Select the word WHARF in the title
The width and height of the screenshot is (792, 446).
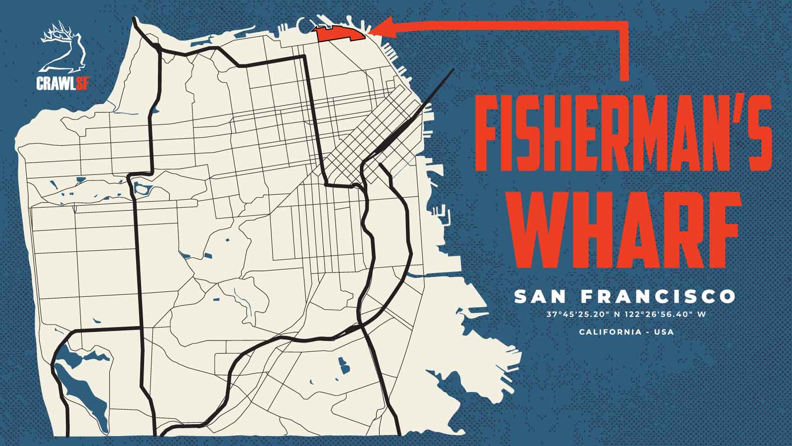[626, 229]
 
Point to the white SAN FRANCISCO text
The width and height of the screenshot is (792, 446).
[625, 297]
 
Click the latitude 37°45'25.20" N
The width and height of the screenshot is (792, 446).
[581, 314]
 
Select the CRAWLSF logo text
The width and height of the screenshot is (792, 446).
[63, 83]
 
